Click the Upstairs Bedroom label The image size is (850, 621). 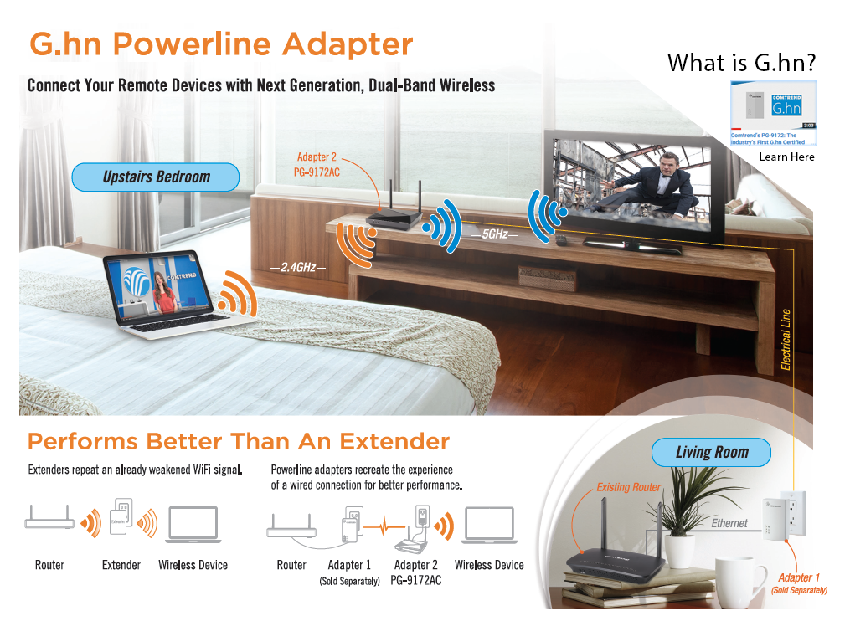pos(156,177)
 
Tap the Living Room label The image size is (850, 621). pos(711,453)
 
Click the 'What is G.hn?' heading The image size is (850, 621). pos(741,63)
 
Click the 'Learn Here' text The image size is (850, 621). pos(786,157)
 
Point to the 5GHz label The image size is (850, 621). pos(494,236)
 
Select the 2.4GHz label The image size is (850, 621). pos(297,267)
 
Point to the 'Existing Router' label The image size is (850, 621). pos(629,487)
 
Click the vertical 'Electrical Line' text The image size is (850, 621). pos(786,340)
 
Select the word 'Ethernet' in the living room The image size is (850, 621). pos(729,523)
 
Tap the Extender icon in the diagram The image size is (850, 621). pos(121,522)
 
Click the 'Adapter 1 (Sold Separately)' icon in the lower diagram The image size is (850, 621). pos(349,528)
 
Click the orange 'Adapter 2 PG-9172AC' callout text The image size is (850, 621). pos(317,163)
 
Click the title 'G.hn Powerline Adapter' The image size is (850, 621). pos(221,44)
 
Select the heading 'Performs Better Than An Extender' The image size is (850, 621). pos(239,441)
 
